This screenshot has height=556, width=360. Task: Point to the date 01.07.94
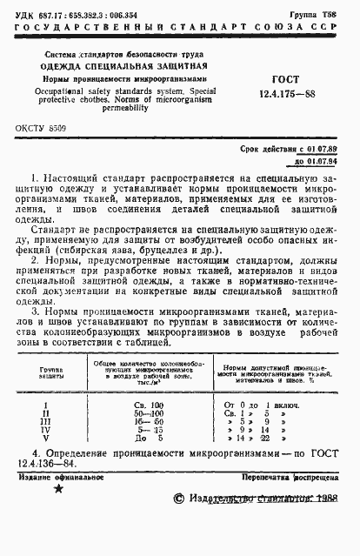tap(324, 161)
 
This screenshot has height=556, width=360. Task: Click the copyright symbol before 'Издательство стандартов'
tap(179, 522)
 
